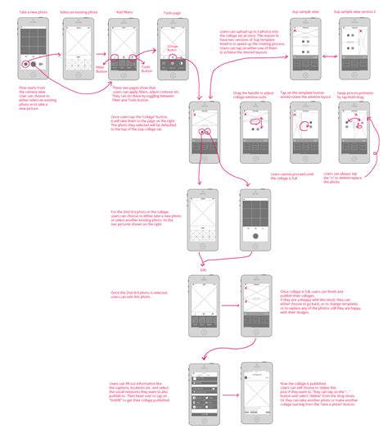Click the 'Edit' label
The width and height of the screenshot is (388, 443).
point(203,268)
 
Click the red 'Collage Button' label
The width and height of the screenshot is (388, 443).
point(172,48)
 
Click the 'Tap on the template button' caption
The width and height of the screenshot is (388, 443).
point(304,94)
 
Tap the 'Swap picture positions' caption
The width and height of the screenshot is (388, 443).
point(356,94)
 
